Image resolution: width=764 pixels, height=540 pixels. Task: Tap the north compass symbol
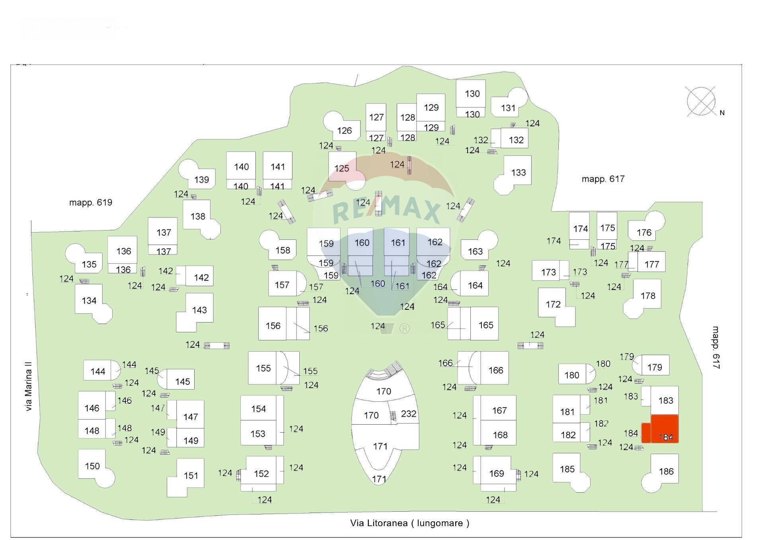pyautogui.click(x=701, y=101)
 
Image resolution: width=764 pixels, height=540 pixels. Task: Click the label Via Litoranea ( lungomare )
pyautogui.click(x=410, y=523)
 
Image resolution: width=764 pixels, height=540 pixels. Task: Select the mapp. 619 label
pyautogui.click(x=91, y=202)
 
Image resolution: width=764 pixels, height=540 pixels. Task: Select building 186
pyautogui.click(x=661, y=474)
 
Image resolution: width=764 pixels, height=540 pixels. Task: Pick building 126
pyautogui.click(x=341, y=126)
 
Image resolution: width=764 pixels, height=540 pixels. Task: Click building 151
pyautogui.click(x=186, y=478)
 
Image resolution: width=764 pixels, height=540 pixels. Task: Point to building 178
pyautogui.click(x=643, y=299)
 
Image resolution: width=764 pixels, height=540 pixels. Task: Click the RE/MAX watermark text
pyautogui.click(x=386, y=210)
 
